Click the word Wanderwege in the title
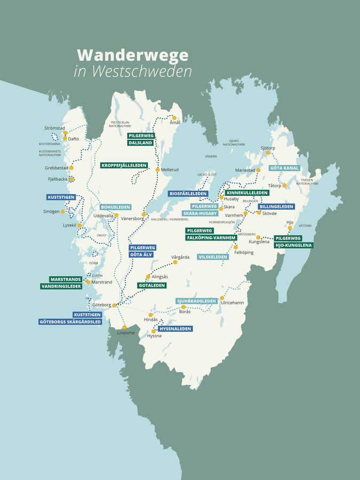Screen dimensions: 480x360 point(133,55)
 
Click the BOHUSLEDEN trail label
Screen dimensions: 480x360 point(115,207)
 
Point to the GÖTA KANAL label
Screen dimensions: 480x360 point(284,168)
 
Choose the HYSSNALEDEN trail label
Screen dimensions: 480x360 point(175,329)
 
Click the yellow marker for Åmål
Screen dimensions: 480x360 point(174,118)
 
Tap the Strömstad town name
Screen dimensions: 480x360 point(54,128)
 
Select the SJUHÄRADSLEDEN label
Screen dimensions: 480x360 point(197,301)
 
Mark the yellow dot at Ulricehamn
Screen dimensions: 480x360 point(222,298)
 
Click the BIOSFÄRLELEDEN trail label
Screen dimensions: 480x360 point(187,194)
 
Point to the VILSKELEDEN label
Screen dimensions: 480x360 point(213,257)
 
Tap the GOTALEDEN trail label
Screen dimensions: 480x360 point(148,286)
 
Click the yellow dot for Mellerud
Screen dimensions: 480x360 point(158,170)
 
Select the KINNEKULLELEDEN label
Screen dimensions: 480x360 point(247,193)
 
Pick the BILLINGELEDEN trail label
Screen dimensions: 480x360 point(276,206)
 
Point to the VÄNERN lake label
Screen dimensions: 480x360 point(211,157)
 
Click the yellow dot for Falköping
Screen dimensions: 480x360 point(236,247)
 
